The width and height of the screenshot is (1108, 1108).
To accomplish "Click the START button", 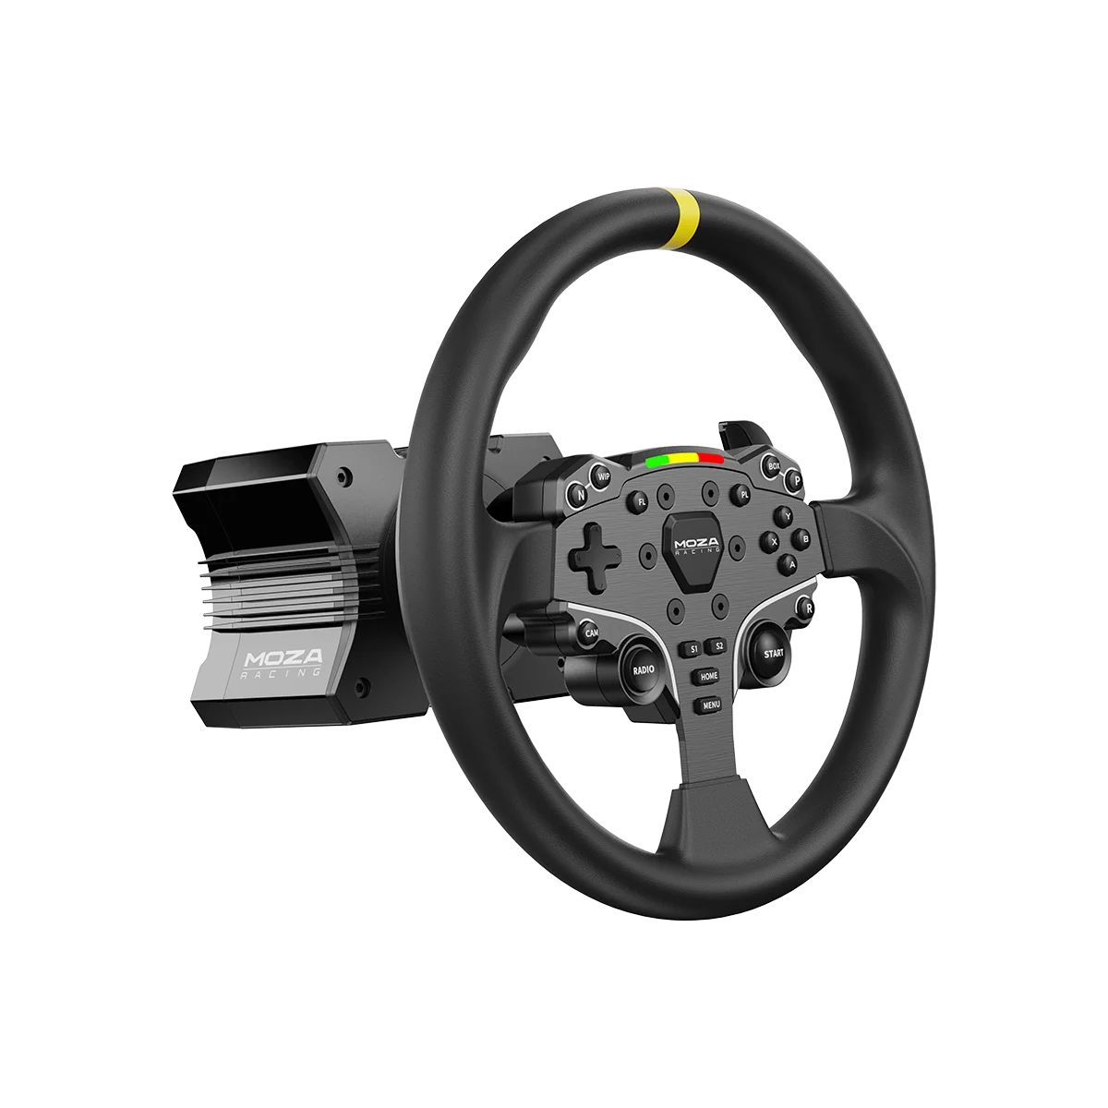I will point(773,652).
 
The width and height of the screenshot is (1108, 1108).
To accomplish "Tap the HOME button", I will point(708,676).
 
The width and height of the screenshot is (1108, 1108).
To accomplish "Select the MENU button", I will point(710,705).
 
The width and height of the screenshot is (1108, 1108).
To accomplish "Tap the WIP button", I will point(604,476).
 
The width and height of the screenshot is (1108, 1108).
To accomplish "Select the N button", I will point(581,494).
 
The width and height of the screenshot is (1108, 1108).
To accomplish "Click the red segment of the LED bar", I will point(711,459).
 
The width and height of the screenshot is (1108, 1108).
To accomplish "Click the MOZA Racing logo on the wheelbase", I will point(283,661).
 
